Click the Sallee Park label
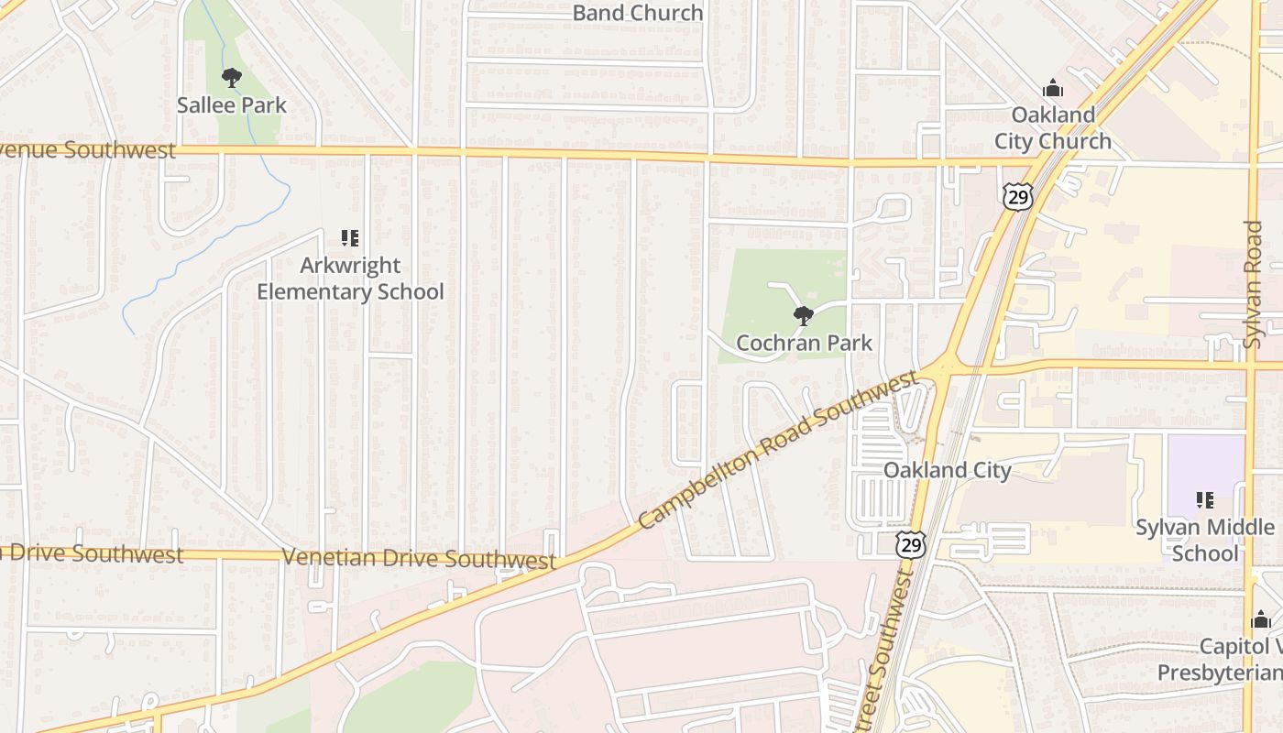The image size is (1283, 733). (x=232, y=105)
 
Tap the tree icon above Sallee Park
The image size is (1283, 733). (x=232, y=78)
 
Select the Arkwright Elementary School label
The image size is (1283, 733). (x=350, y=279)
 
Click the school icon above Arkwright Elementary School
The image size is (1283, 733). (x=349, y=239)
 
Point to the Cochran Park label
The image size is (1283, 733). (x=805, y=343)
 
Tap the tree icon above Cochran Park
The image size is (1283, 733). (x=804, y=317)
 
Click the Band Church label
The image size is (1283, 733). (x=638, y=13)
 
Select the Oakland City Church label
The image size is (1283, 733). (x=1052, y=128)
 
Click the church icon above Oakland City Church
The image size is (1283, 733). (x=1053, y=89)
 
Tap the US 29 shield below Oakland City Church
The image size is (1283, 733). (x=1017, y=196)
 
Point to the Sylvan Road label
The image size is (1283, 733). (x=1253, y=284)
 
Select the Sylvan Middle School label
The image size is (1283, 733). (x=1205, y=540)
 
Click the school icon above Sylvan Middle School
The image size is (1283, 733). (x=1205, y=500)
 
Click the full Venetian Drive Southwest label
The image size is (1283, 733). (x=419, y=558)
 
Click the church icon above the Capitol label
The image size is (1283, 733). (x=1261, y=620)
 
